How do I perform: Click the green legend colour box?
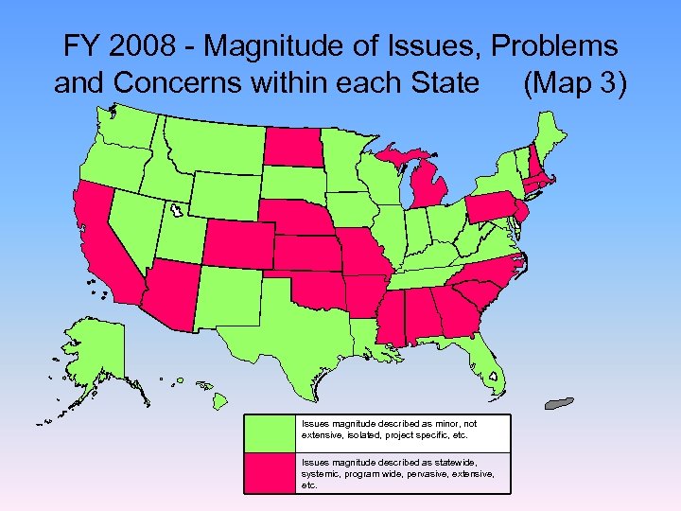[x=271, y=433]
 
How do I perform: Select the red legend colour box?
[x=271, y=472]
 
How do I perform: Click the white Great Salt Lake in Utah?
[x=174, y=209]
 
